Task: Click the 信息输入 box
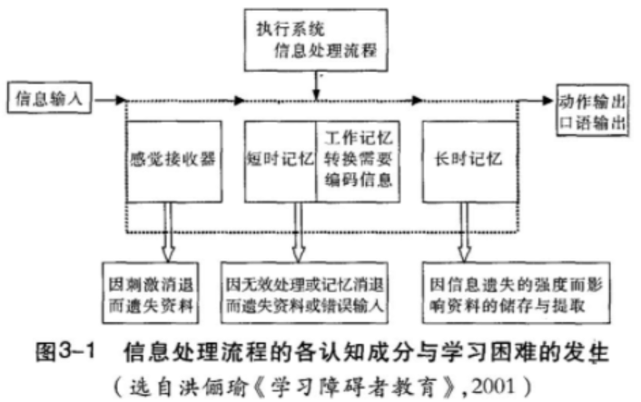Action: pyautogui.click(x=49, y=97)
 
